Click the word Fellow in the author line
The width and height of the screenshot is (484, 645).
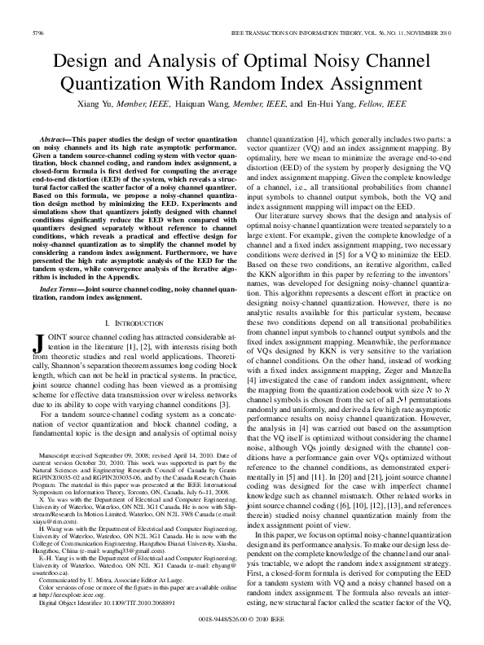(x=375, y=105)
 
